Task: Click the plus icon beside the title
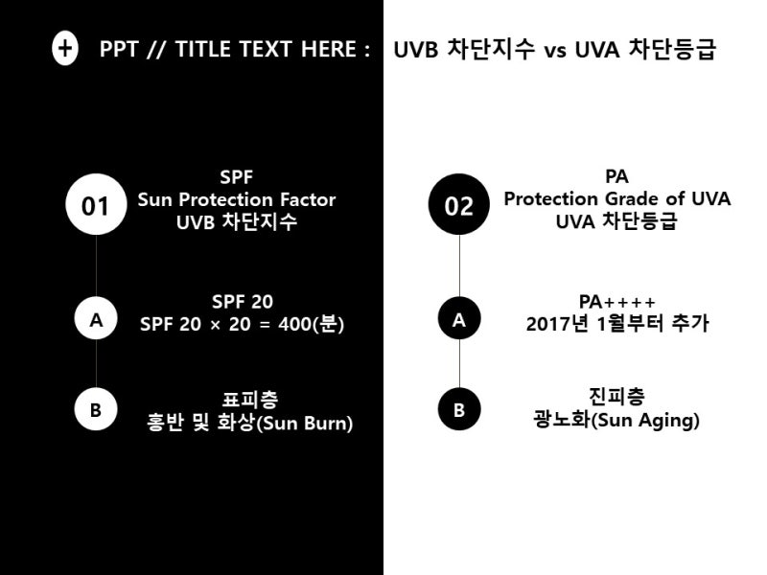pos(64,49)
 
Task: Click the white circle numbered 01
pos(96,204)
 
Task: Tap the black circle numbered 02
pos(459,204)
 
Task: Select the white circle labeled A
pos(96,318)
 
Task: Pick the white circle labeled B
pos(96,409)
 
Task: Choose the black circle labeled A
pos(459,318)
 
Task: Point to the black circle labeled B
pos(459,409)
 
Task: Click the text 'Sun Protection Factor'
pos(237,199)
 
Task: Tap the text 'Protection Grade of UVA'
pos(617,198)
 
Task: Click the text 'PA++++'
pos(616,302)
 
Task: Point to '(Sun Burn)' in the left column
pos(304,423)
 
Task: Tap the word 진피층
pos(616,396)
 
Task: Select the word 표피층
pos(250,399)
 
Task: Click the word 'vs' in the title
pos(555,51)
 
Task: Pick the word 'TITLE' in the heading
pos(203,49)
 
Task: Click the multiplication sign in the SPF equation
pos(215,325)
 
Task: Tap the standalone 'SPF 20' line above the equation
pos(243,302)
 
